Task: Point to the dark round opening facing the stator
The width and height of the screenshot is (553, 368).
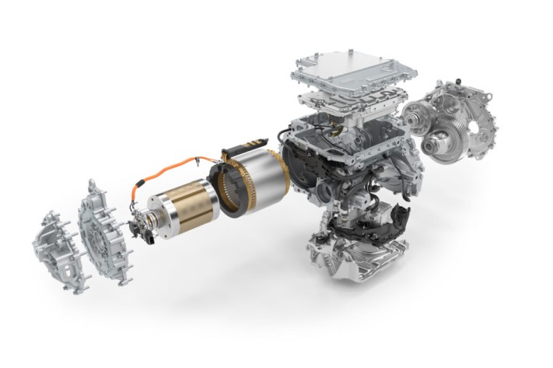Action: pos(299,167)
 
